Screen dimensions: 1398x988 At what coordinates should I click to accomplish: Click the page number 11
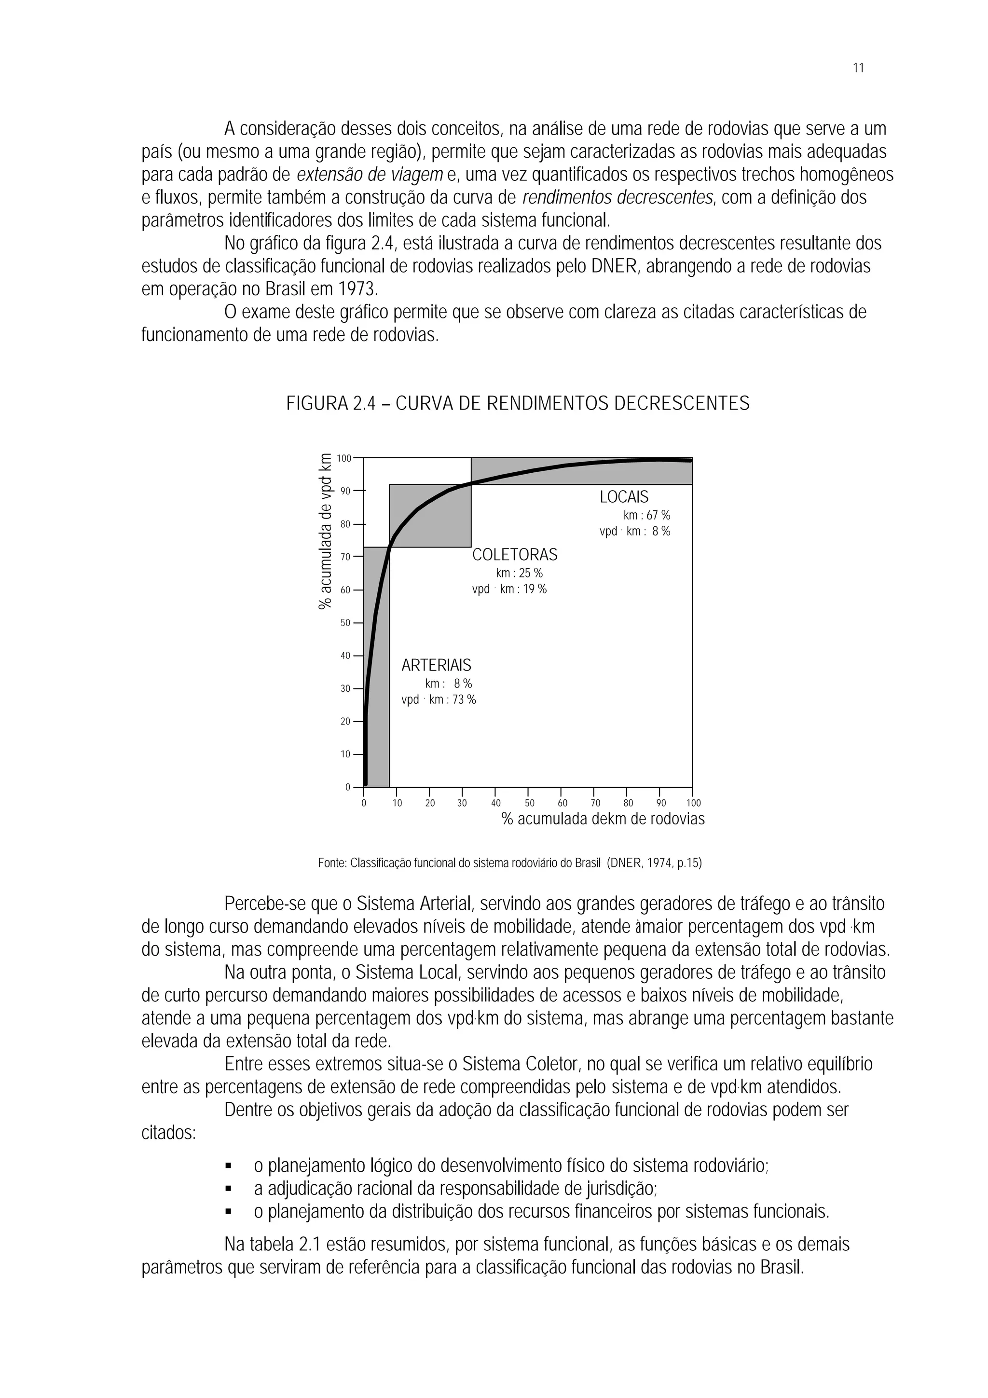[x=858, y=68]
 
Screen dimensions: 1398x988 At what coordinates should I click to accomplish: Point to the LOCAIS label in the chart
[x=623, y=497]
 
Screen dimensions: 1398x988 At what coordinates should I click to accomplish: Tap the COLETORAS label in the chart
[x=514, y=555]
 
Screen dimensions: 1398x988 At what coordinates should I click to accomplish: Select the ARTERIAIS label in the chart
[x=436, y=666]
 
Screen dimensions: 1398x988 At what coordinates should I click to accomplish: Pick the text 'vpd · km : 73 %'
[x=439, y=699]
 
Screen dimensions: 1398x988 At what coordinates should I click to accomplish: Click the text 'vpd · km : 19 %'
[x=509, y=589]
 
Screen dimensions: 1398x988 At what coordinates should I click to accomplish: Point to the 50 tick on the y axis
[x=344, y=623]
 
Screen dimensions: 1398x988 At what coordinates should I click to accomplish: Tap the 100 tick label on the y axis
[x=344, y=458]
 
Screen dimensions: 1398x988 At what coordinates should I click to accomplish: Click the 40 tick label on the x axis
[x=495, y=803]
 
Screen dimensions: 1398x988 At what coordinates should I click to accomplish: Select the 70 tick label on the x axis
[x=595, y=803]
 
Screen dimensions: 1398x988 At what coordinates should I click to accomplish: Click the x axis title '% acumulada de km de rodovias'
[x=603, y=819]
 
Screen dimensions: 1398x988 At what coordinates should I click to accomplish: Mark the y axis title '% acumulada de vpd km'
[x=326, y=531]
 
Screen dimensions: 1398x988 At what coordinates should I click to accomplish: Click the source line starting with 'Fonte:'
[x=509, y=863]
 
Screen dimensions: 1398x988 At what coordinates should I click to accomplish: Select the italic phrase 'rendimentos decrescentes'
[x=617, y=198]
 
